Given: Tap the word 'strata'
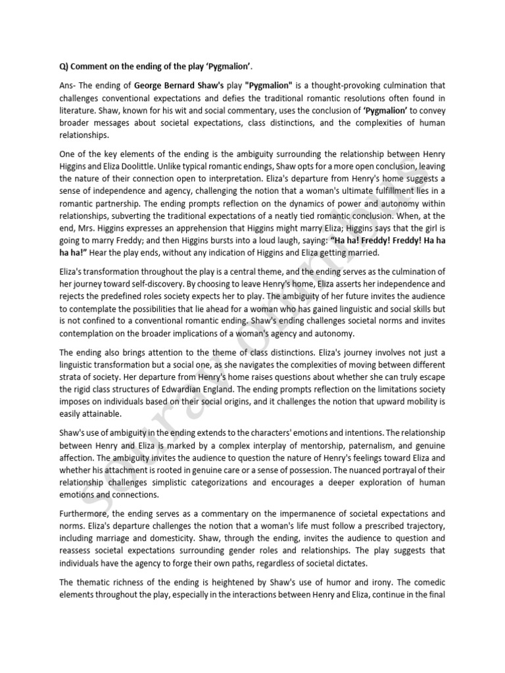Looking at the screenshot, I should [70, 376].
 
